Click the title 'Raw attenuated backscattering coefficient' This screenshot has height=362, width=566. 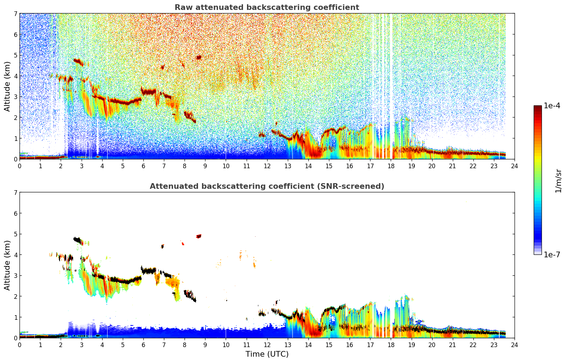266,7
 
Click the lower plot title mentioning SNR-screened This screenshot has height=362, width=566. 266,186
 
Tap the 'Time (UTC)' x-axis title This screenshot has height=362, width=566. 267,354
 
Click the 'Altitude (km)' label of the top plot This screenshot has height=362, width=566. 7,86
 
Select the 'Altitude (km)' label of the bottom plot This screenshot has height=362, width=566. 7,265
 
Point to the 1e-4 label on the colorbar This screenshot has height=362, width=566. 552,106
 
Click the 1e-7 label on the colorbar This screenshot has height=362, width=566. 552,254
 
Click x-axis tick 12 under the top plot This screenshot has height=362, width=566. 267,166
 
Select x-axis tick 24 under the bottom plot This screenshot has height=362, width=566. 514,345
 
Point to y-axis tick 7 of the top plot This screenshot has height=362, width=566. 16,14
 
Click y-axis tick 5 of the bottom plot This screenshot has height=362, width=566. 16,234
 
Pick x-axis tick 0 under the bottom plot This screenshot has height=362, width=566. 20,345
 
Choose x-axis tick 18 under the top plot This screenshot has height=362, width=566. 391,166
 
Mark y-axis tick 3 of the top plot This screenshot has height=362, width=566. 16,97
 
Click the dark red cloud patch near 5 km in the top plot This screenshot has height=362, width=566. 199,57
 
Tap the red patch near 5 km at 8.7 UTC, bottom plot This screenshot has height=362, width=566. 199,236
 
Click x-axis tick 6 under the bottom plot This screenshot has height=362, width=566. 143,345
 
